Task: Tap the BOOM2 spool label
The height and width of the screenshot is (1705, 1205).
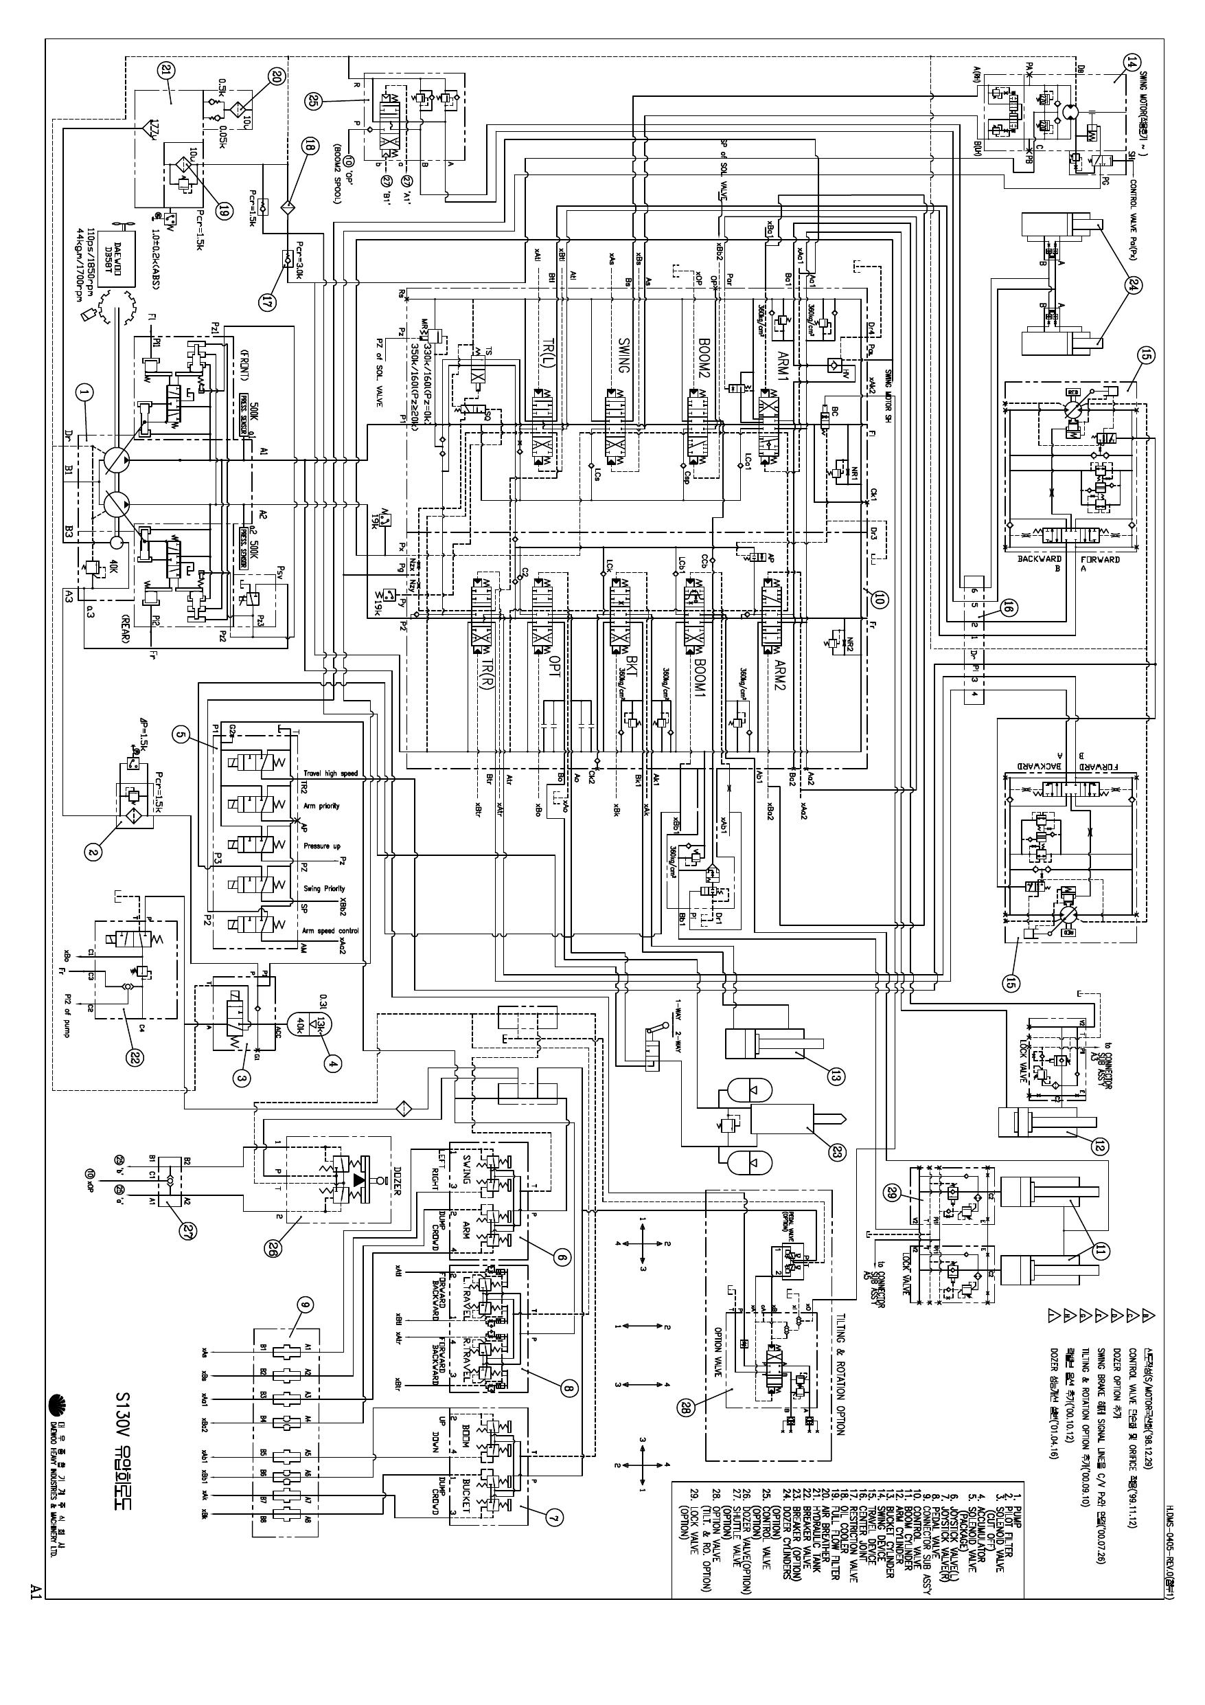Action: tap(703, 356)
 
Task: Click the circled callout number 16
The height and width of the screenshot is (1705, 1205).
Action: tap(1007, 607)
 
